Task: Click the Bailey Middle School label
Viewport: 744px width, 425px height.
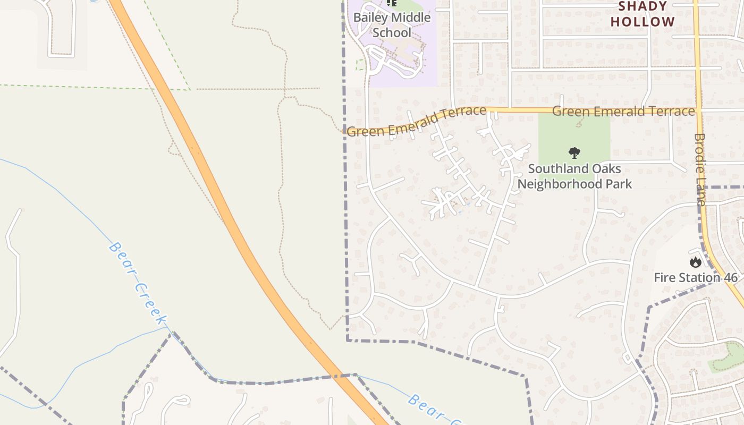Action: coord(392,24)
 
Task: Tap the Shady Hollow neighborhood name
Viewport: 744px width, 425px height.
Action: coord(642,14)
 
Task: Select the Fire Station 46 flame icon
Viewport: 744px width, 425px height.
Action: coord(695,262)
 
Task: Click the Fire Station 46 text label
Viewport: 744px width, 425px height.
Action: coord(696,277)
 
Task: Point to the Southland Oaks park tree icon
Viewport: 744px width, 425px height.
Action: coord(574,154)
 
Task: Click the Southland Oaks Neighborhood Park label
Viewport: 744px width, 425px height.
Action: coord(574,176)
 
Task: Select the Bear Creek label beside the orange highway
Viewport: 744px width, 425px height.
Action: coord(138,283)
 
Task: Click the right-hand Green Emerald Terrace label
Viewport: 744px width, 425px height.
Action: coord(623,111)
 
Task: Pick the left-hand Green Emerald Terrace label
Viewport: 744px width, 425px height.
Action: coord(416,122)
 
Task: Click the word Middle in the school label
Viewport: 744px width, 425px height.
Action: coord(411,18)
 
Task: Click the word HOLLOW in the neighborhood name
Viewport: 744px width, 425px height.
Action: coord(642,22)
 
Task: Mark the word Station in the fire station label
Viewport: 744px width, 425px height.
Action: coord(698,277)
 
